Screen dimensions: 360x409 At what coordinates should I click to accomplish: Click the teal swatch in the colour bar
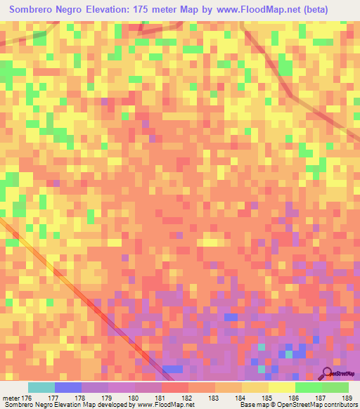tap(41, 388)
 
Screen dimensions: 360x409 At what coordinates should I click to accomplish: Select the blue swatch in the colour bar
tap(67, 388)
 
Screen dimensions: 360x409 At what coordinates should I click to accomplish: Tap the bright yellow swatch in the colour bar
tap(281, 388)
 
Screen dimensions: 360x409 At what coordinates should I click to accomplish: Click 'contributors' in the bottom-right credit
tap(337, 404)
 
